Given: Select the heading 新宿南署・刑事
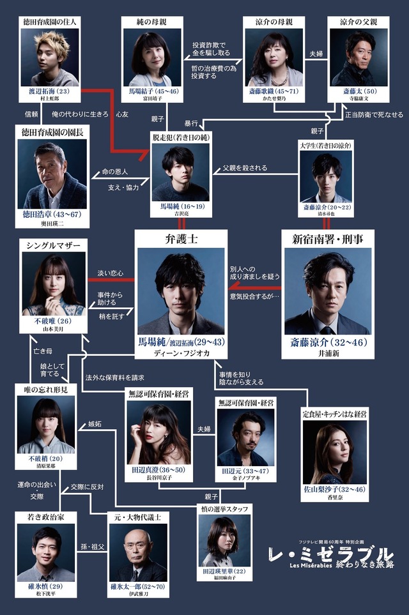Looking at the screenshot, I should coord(327,239).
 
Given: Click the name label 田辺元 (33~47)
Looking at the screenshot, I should coord(242,470).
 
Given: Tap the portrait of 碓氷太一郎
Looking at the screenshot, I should coord(138,552).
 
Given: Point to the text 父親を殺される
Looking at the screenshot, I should coord(245,169).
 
